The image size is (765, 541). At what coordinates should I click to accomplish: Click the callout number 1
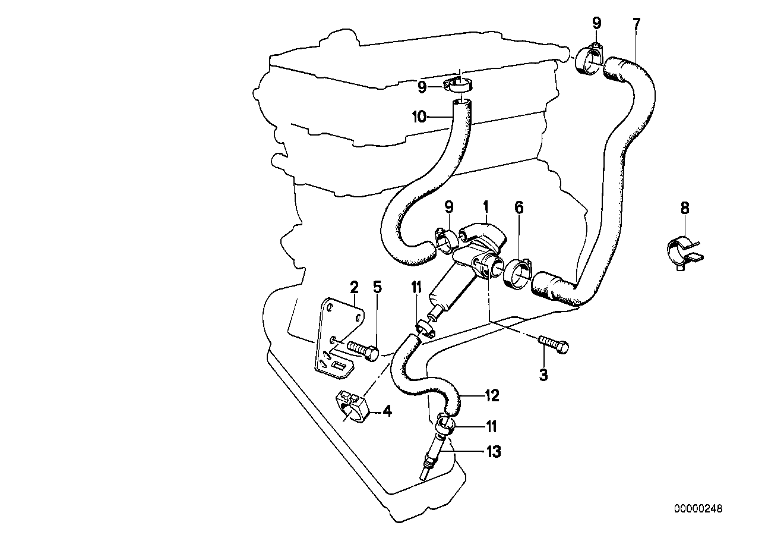[x=486, y=207]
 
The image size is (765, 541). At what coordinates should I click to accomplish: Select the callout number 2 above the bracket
[x=354, y=288]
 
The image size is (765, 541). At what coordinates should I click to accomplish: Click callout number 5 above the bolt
[x=377, y=288]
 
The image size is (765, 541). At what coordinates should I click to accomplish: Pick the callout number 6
[x=519, y=207]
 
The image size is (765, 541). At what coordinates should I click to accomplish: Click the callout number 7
[x=636, y=24]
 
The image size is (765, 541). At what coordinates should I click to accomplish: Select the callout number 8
[x=685, y=207]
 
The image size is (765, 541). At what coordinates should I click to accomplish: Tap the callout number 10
[x=419, y=117]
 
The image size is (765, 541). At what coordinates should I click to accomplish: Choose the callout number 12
[x=492, y=395]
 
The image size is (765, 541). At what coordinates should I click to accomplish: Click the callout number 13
[x=493, y=452]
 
